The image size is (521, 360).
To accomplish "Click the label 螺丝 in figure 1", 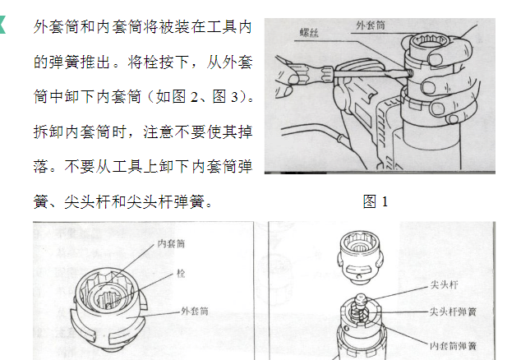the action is [x=309, y=32].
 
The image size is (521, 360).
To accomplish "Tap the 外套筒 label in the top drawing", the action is [x=371, y=25].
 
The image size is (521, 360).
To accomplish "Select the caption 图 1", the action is [x=376, y=201].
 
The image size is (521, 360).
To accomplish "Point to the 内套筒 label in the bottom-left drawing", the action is [x=171, y=243].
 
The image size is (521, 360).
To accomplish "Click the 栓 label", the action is [x=181, y=274].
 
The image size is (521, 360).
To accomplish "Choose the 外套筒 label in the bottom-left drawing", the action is [x=195, y=312].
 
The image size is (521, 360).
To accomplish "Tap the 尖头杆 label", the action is [x=444, y=285].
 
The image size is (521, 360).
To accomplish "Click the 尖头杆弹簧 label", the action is [x=454, y=312].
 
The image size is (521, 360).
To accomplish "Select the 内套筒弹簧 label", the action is [x=454, y=346].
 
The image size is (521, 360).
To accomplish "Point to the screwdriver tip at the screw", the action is [x=408, y=72].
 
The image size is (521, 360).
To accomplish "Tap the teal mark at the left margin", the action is [x=2, y=25].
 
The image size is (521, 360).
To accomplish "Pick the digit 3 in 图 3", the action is [x=235, y=97].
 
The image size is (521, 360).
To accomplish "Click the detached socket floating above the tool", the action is [x=361, y=258].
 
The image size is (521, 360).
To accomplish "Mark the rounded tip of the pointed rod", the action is [x=361, y=298].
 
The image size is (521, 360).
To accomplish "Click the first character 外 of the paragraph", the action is [x=41, y=27].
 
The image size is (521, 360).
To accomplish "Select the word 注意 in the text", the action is [x=159, y=132].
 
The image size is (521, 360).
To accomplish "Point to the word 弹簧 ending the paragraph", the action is [x=188, y=201].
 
